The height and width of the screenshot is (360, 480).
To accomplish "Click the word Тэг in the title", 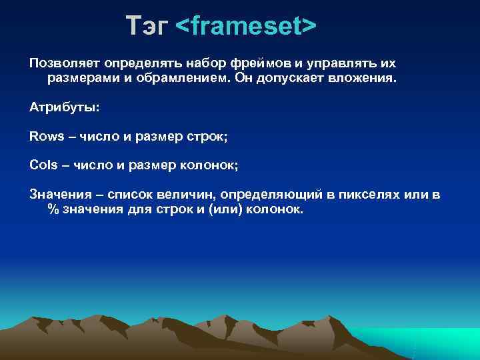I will [147, 26].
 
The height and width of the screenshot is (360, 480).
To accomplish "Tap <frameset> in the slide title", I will [246, 26].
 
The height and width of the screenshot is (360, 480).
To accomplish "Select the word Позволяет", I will [63, 63].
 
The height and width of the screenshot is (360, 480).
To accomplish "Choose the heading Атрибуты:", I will [64, 107].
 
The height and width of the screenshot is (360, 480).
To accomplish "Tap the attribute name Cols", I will [43, 165].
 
